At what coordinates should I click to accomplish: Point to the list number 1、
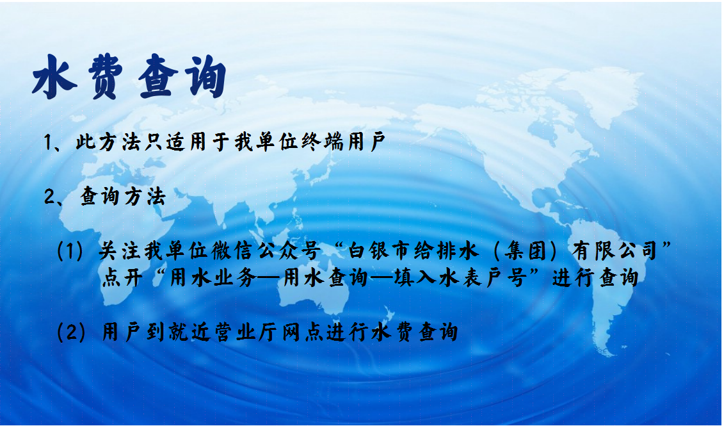tap(54, 142)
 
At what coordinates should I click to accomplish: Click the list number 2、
tap(54, 197)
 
